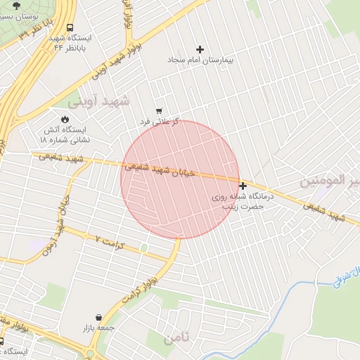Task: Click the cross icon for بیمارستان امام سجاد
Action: pyautogui.click(x=200, y=49)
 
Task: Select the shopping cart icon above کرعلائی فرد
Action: pyautogui.click(x=160, y=111)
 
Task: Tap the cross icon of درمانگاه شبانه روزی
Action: pyautogui.click(x=243, y=186)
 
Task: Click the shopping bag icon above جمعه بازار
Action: pyautogui.click(x=98, y=316)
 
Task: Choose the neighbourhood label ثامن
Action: pyautogui.click(x=176, y=339)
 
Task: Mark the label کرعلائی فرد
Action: pyautogui.click(x=160, y=122)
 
